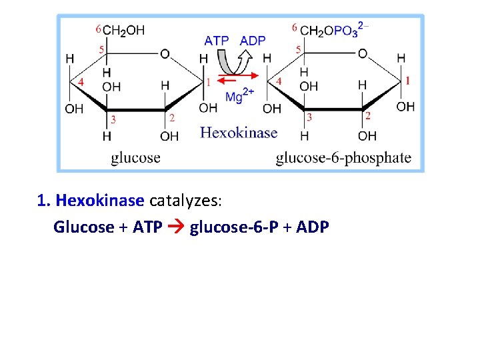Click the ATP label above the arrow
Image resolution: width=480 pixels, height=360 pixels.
click(216, 41)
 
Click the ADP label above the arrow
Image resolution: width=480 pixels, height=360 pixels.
click(253, 41)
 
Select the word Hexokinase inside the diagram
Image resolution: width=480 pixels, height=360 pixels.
click(238, 132)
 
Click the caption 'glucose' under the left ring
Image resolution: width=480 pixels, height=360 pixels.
click(135, 157)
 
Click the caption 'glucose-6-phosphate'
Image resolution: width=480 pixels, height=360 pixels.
click(343, 157)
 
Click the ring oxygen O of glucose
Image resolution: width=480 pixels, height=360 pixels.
click(165, 53)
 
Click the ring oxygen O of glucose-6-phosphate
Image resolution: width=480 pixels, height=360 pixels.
click(363, 53)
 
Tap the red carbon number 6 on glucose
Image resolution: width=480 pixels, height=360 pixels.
click(98, 29)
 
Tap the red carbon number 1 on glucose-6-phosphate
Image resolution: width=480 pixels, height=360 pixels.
click(407, 81)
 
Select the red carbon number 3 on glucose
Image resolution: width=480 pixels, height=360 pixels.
click(113, 119)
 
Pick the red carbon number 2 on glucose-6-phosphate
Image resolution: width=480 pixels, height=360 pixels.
click(368, 116)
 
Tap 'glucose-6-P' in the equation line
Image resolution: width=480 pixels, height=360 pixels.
click(225, 227)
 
